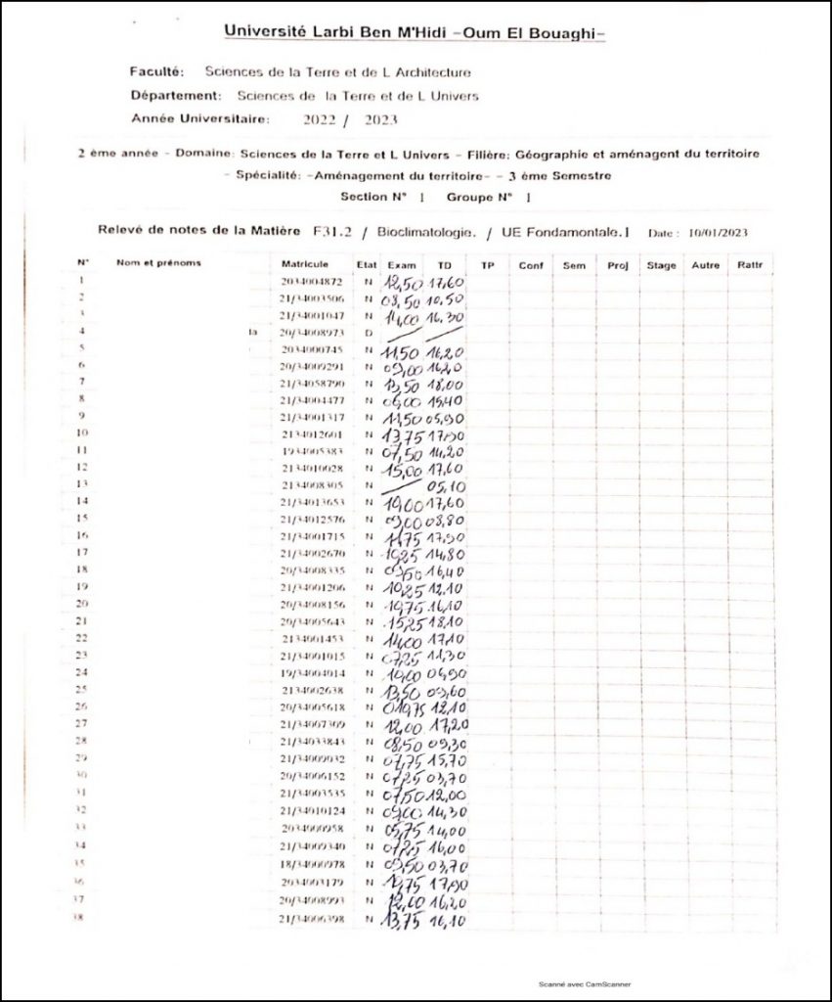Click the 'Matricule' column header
pyautogui.click(x=304, y=264)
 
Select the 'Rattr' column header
pyautogui.click(x=750, y=265)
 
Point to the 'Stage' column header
pyautogui.click(x=661, y=265)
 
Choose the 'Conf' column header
pyautogui.click(x=531, y=265)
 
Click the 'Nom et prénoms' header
pyautogui.click(x=158, y=263)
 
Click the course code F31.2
pyautogui.click(x=332, y=232)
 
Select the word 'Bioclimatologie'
pyautogui.click(x=428, y=232)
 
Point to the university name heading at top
pyautogui.click(x=416, y=32)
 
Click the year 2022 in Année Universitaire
pyautogui.click(x=321, y=119)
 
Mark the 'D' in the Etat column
pyautogui.click(x=369, y=333)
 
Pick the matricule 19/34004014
pyautogui.click(x=311, y=673)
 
